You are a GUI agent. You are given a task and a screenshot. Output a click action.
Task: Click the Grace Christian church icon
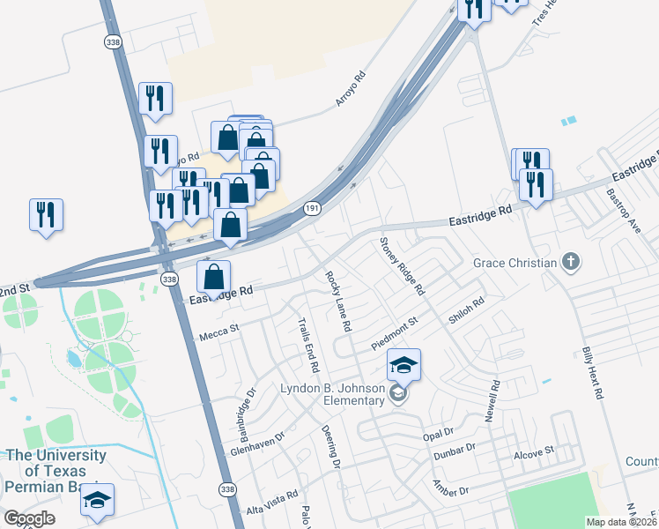click(571, 262)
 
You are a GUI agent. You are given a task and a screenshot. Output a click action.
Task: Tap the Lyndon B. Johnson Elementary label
click(332, 394)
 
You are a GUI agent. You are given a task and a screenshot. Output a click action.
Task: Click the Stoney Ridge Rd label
click(402, 265)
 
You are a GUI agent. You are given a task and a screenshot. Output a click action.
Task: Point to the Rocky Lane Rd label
click(338, 301)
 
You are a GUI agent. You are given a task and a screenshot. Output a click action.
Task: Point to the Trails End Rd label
click(306, 343)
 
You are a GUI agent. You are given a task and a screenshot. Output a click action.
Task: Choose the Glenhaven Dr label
click(257, 441)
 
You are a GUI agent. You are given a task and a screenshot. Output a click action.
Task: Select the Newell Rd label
click(490, 400)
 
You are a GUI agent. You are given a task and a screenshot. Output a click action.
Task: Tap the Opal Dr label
click(437, 433)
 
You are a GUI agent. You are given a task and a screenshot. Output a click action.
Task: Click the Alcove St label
click(533, 451)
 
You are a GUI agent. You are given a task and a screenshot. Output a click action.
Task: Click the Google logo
click(29, 518)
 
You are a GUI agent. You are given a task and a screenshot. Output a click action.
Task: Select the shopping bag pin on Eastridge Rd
click(214, 278)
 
